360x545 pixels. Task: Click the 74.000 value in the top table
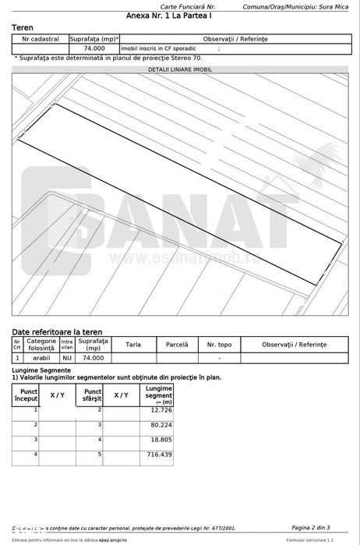coord(94,48)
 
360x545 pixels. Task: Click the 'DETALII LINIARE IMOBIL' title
coord(179,69)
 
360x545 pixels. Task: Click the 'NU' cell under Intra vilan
coord(67,358)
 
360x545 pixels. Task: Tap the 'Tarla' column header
coord(133,344)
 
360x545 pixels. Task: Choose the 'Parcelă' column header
coord(177,344)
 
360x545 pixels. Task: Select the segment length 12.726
coord(161,409)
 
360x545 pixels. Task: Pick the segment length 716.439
coord(159,454)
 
